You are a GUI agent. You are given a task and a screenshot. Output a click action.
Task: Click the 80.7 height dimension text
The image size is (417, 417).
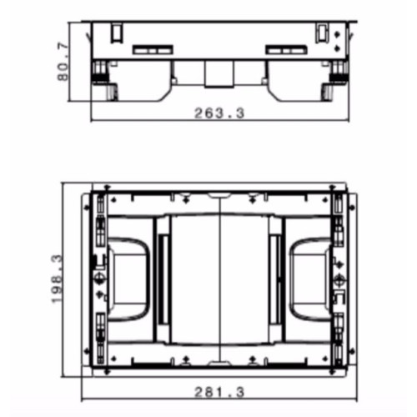tap(63, 62)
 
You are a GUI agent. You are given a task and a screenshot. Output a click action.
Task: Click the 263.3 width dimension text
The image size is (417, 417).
tap(219, 113)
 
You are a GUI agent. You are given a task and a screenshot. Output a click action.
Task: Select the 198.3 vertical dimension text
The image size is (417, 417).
tap(58, 279)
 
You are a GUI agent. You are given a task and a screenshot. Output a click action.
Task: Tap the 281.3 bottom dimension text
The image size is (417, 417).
tap(219, 392)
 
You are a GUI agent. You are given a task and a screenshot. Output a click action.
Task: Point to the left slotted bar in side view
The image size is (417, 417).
tap(153, 50)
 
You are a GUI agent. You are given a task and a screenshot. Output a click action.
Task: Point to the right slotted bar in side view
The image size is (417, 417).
tap(287, 49)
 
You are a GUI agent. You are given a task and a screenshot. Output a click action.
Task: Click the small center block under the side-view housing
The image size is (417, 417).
tap(219, 74)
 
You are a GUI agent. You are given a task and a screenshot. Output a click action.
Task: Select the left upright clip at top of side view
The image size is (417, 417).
tap(117, 34)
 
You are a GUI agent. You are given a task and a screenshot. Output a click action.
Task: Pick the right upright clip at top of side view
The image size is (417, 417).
tap(322, 33)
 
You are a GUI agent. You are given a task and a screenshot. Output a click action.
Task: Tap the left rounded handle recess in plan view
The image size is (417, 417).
tap(128, 279)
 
